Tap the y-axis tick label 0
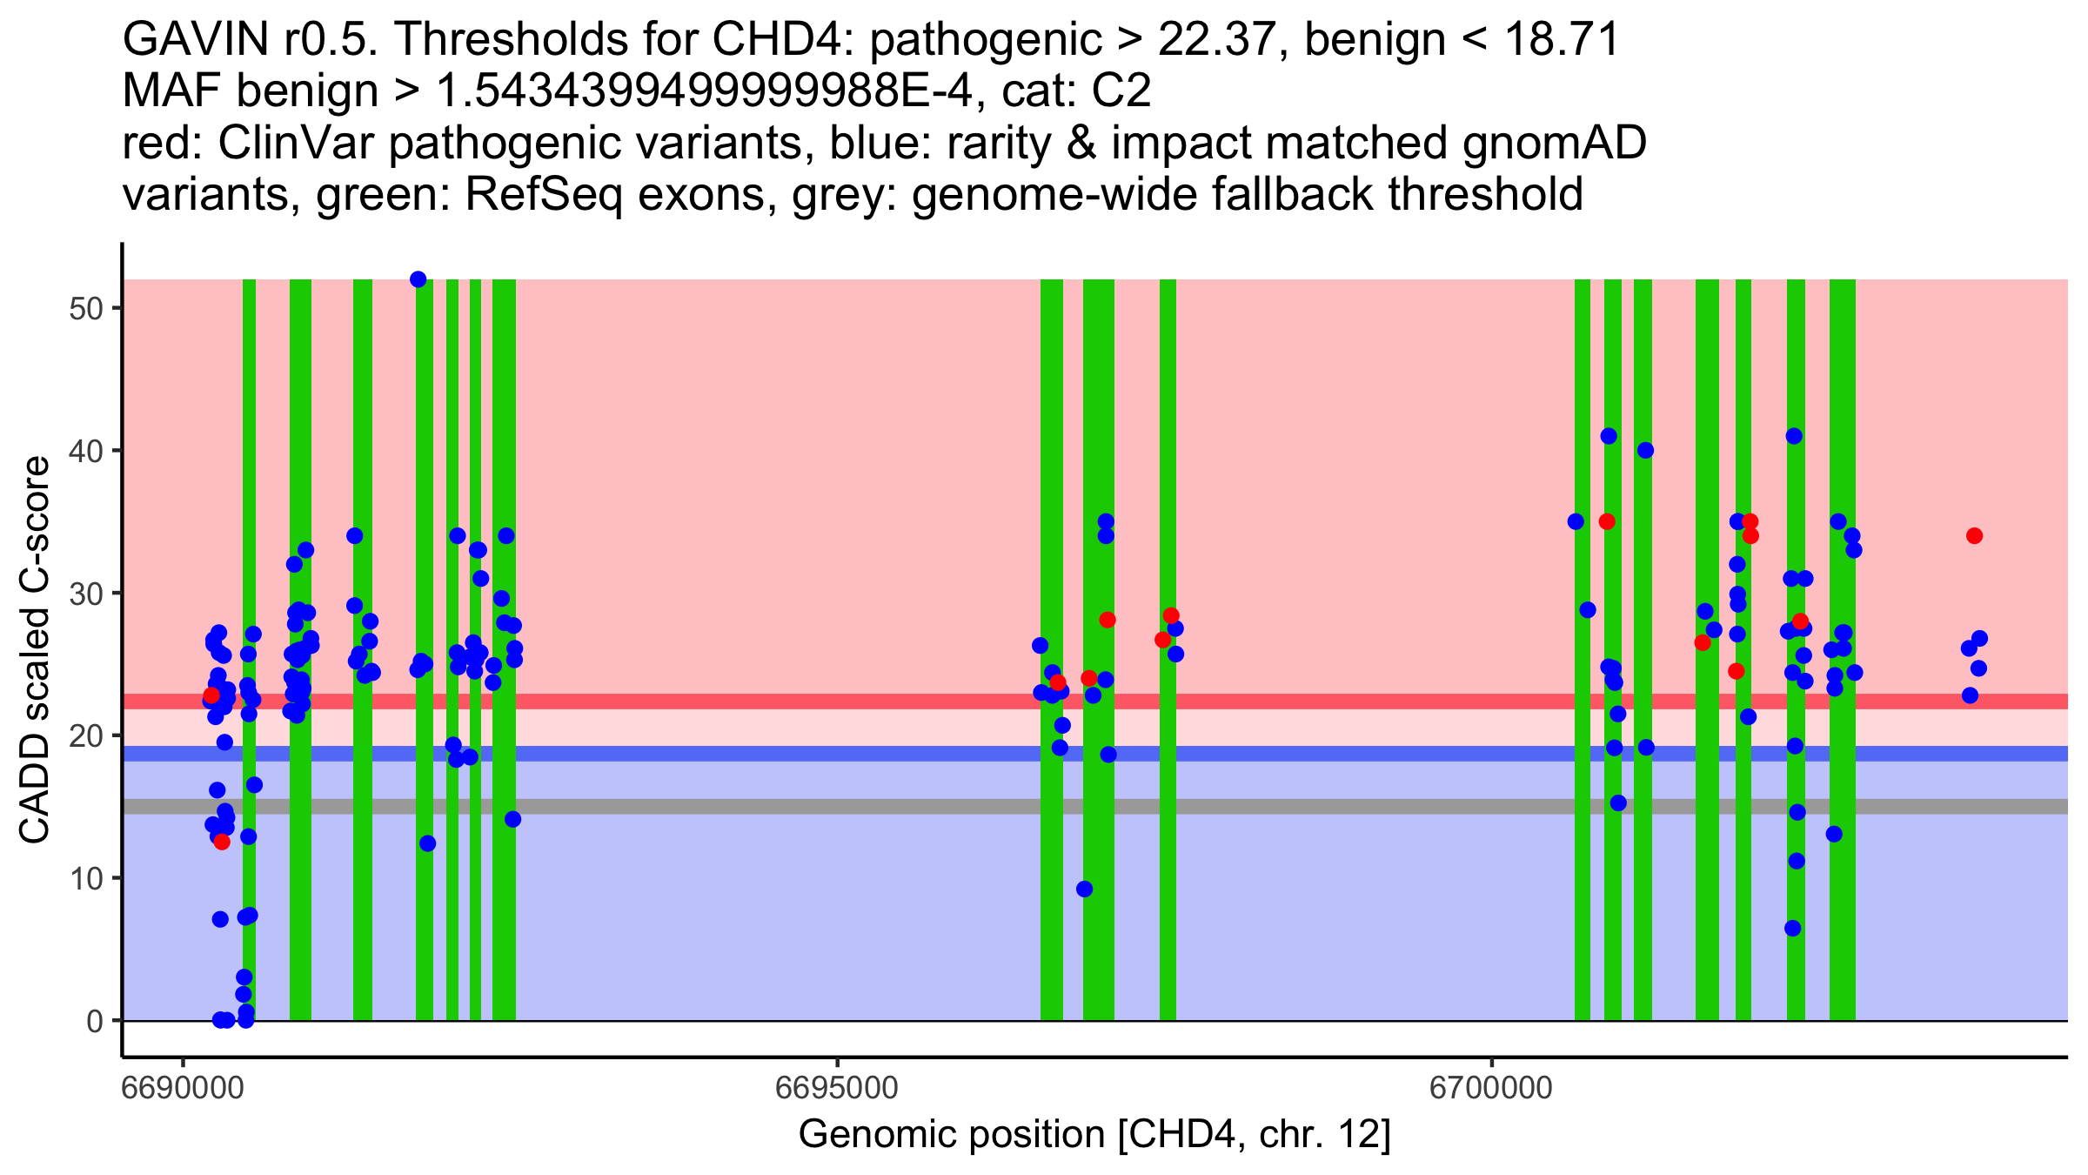click(x=95, y=1021)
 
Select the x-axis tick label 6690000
click(x=183, y=1089)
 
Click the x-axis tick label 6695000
click(x=837, y=1089)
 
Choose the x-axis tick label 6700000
click(x=1491, y=1089)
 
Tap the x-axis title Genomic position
click(x=1094, y=1135)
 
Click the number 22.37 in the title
click(x=1221, y=40)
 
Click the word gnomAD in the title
click(x=1554, y=144)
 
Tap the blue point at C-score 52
click(x=418, y=279)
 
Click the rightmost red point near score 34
click(x=1974, y=536)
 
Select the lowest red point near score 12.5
click(x=222, y=842)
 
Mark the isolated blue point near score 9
click(x=1084, y=890)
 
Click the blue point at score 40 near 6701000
click(x=1645, y=450)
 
